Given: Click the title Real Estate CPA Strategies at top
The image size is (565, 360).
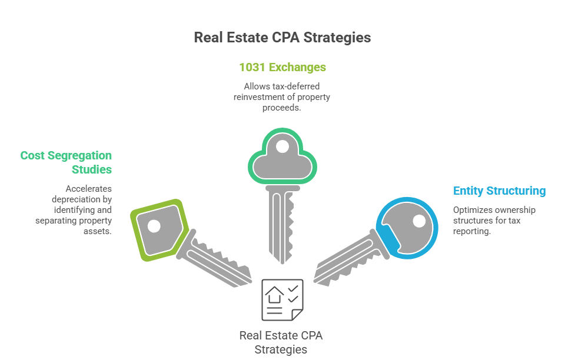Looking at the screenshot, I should click(x=282, y=38).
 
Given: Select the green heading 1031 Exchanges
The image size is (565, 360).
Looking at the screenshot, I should click(x=282, y=67).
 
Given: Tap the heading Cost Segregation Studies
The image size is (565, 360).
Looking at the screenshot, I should click(x=66, y=162).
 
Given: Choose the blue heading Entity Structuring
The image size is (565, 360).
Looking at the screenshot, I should click(x=499, y=191).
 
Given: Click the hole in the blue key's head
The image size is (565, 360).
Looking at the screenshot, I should click(x=419, y=221).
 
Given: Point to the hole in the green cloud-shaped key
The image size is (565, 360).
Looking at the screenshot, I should click(x=282, y=146).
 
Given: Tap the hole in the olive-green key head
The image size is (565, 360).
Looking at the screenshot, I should click(x=154, y=225).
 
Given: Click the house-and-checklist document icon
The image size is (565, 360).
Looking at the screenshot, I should click(x=282, y=300).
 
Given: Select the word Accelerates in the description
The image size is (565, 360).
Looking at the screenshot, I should click(x=88, y=189).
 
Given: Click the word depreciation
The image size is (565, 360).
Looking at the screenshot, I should click(x=75, y=199).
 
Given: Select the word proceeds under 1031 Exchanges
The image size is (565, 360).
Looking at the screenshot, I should click(x=282, y=108).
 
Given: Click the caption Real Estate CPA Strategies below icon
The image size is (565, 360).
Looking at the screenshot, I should click(x=281, y=342).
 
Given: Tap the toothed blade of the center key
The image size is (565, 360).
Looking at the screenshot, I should click(x=282, y=224).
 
